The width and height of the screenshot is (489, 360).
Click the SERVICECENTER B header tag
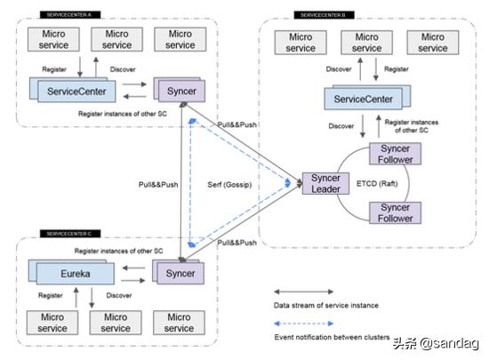click(x=326, y=15)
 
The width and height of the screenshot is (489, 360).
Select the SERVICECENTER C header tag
click(x=70, y=233)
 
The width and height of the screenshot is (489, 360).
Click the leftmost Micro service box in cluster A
click(x=53, y=39)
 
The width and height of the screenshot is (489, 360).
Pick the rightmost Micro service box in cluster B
click(x=433, y=43)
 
